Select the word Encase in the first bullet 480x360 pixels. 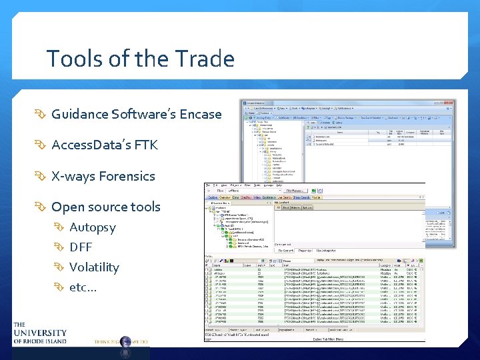199,114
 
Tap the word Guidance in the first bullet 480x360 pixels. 79,114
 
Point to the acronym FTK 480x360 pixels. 146,145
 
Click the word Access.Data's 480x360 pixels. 91,145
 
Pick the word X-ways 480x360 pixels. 73,176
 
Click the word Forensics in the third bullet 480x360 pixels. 127,176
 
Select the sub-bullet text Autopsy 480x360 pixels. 92,227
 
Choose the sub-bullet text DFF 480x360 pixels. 81,247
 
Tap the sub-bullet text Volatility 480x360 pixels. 94,267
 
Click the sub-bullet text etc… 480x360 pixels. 83,287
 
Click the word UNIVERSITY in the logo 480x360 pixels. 40,333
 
